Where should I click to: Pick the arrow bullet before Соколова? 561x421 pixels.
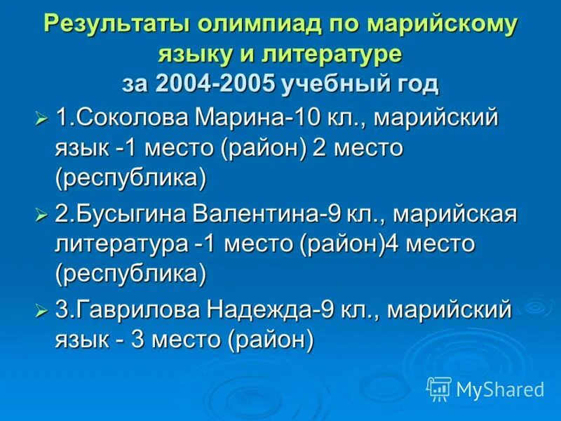pyautogui.click(x=41, y=117)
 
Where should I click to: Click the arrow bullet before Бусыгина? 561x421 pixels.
pyautogui.click(x=41, y=213)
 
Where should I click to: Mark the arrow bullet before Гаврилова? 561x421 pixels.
pyautogui.click(x=41, y=310)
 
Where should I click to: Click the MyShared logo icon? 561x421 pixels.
pyautogui.click(x=438, y=387)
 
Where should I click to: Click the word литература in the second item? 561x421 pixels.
pyautogui.click(x=121, y=243)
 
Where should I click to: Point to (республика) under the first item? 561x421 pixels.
pyautogui.click(x=130, y=178)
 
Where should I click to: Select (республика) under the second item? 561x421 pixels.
pyautogui.click(x=130, y=274)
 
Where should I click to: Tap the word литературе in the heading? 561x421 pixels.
pyautogui.click(x=327, y=54)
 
